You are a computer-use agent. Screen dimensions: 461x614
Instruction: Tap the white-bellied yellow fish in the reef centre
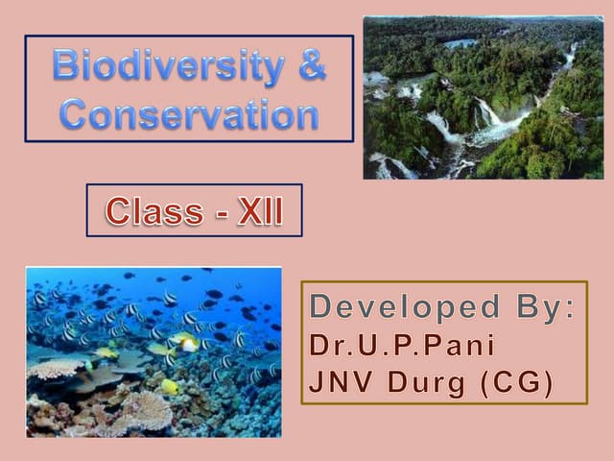(x=185, y=342)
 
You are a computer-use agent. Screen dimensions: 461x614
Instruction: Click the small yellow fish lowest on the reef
(x=169, y=386)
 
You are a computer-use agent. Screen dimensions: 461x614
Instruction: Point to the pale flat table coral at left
(x=58, y=368)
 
